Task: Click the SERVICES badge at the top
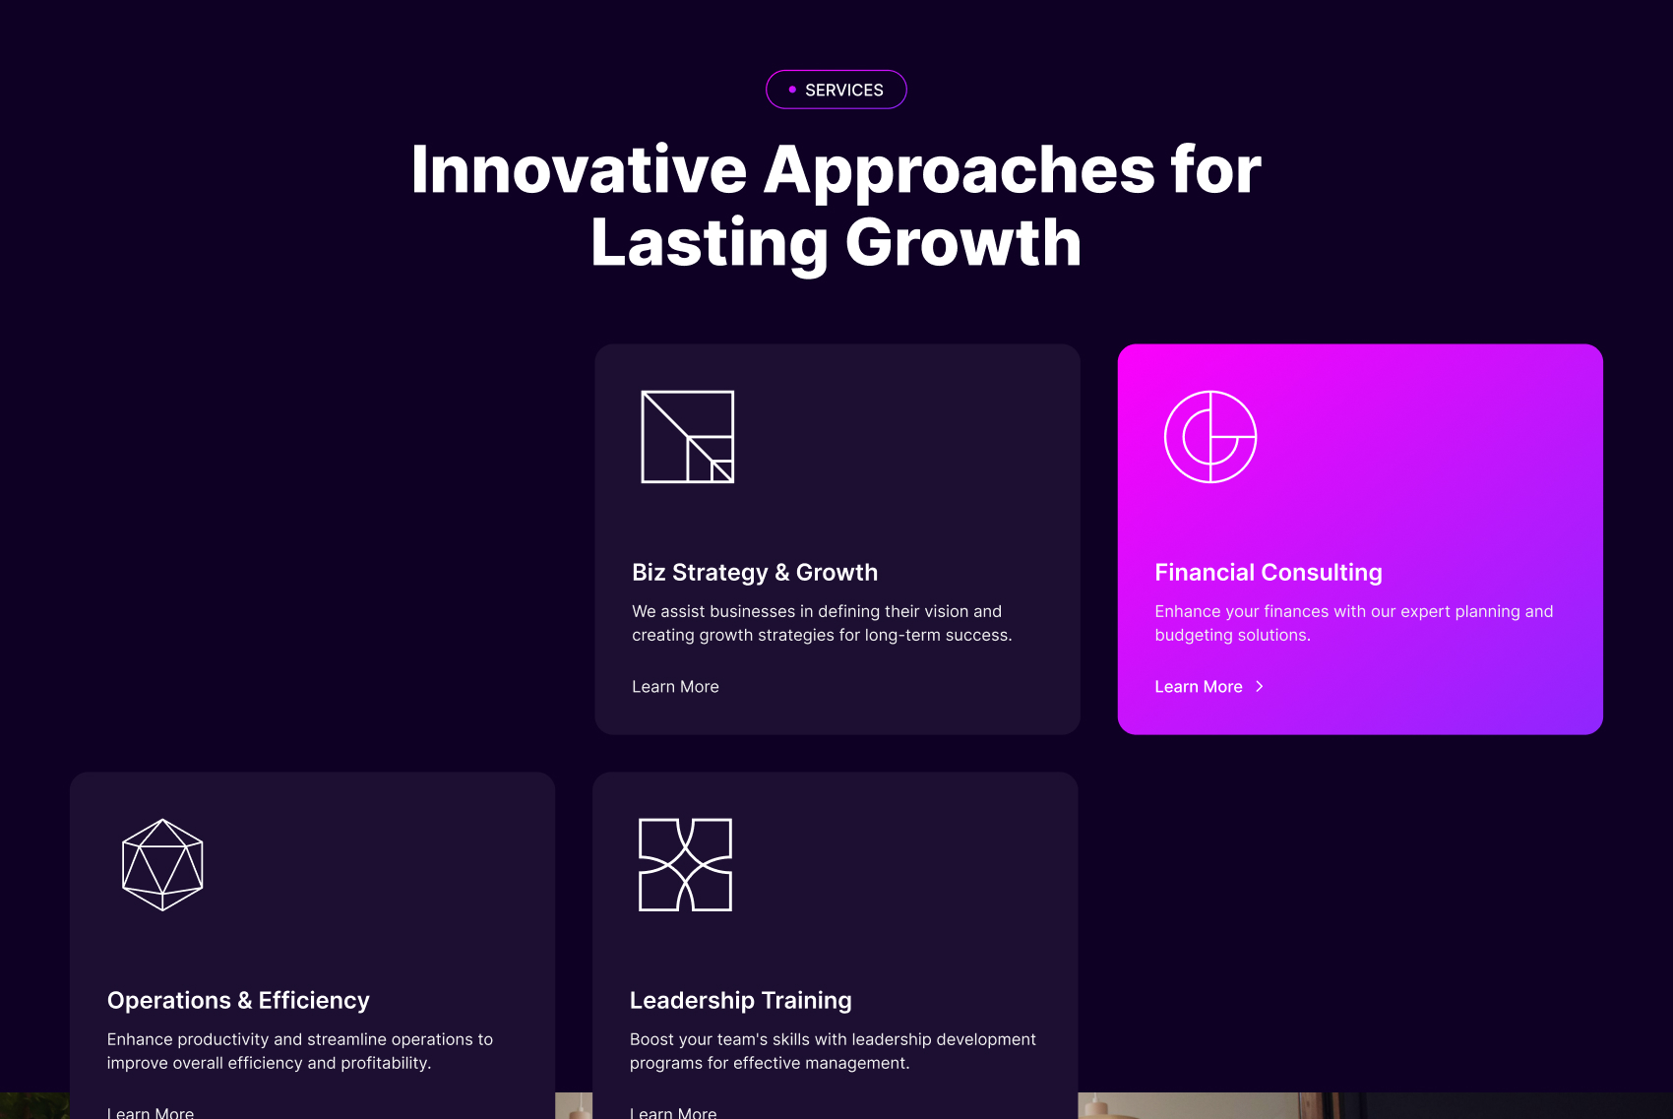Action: pos(836,90)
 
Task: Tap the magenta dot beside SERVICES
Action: pos(792,90)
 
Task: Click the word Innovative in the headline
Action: pos(579,170)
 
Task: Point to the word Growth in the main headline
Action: pos(963,242)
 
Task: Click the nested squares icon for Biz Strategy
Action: pos(687,437)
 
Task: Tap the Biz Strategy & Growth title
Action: pos(755,572)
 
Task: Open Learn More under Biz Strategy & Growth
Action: pos(675,687)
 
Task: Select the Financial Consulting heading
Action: pos(1269,572)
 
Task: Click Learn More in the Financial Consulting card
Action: pos(1198,687)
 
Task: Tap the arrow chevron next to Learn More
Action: pos(1260,687)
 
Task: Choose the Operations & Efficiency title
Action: pos(238,1000)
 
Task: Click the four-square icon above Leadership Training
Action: pos(686,865)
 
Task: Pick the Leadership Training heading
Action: pos(740,1000)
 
